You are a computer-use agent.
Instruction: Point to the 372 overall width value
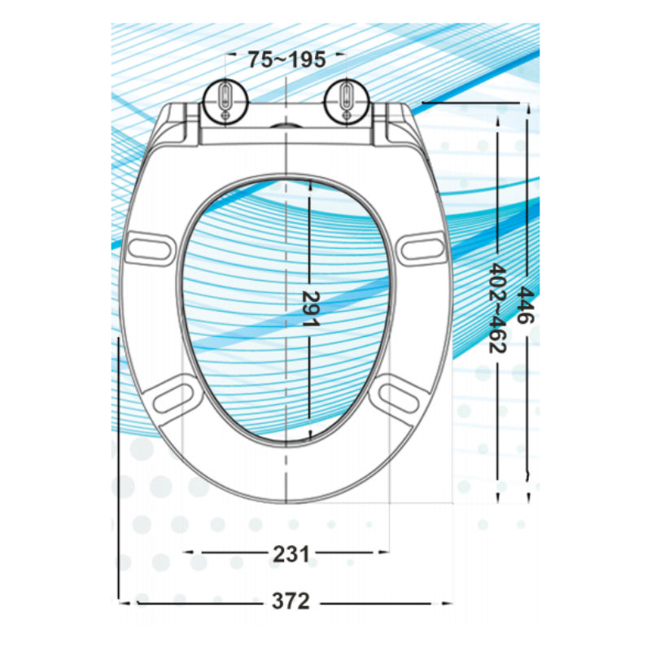291,602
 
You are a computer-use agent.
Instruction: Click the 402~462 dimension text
496,308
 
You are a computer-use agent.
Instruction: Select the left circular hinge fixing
224,102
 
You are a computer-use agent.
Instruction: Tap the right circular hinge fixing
346,102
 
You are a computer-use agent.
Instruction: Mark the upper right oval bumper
422,246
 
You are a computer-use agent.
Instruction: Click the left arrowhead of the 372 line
123,602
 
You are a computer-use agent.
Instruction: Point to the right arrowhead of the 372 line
449,602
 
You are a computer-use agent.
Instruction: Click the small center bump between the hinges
285,126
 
